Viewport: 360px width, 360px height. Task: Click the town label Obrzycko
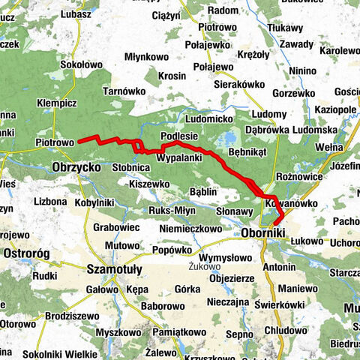(x=76, y=167)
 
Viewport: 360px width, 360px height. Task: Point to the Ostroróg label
(x=26, y=254)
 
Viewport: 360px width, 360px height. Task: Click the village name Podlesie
(x=179, y=136)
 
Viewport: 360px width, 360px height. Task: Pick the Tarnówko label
(x=124, y=91)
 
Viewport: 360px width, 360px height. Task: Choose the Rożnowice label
(x=299, y=177)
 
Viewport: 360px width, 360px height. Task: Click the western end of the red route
(x=81, y=138)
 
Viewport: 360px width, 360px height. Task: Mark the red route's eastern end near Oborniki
(x=277, y=222)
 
